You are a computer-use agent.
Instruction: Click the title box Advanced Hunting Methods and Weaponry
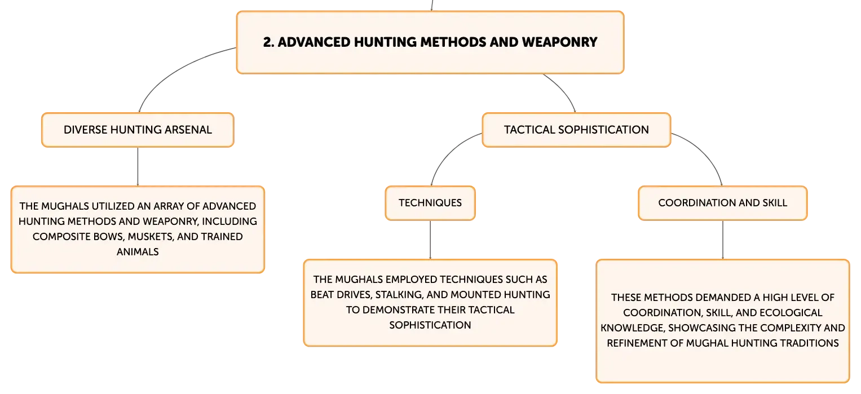pyautogui.click(x=430, y=42)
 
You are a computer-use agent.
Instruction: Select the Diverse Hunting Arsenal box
pyautogui.click(x=138, y=130)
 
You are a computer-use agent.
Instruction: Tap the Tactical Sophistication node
pyautogui.click(x=576, y=130)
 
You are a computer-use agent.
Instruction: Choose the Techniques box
pyautogui.click(x=430, y=203)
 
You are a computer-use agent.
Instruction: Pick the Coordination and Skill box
pyautogui.click(x=723, y=203)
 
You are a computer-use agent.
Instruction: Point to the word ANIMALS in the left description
pyautogui.click(x=138, y=252)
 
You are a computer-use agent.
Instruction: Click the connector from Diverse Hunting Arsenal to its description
pyautogui.click(x=138, y=166)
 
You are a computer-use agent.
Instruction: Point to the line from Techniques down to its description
pyautogui.click(x=430, y=240)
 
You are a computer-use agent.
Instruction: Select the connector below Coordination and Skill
pyautogui.click(x=723, y=240)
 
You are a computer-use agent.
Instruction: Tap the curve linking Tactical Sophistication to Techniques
pyautogui.click(x=448, y=152)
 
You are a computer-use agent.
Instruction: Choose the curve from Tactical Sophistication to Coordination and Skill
pyautogui.click(x=705, y=152)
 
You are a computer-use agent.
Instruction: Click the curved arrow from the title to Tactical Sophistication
pyautogui.click(x=563, y=90)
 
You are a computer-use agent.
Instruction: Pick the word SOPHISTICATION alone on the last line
pyautogui.click(x=430, y=325)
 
